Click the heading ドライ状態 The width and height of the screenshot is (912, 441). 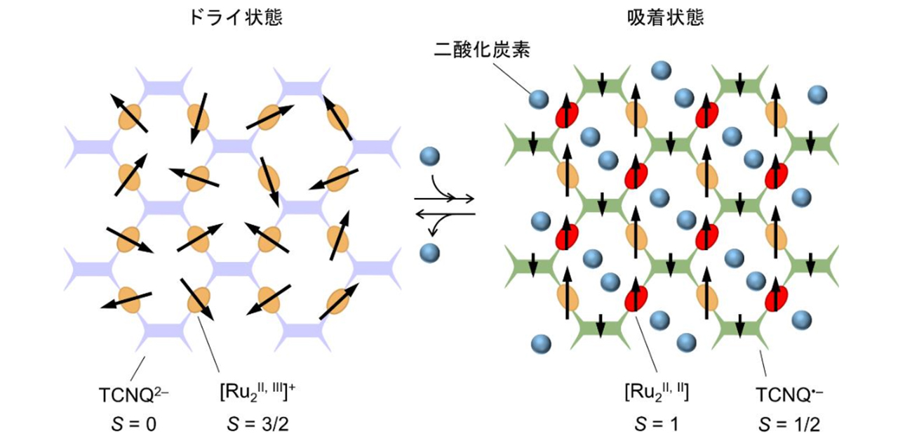click(236, 18)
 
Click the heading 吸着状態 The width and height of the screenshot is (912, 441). click(666, 18)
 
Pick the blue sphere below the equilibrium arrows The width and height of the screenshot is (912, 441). click(429, 251)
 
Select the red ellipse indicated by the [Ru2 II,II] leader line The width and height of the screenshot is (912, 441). click(635, 298)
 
